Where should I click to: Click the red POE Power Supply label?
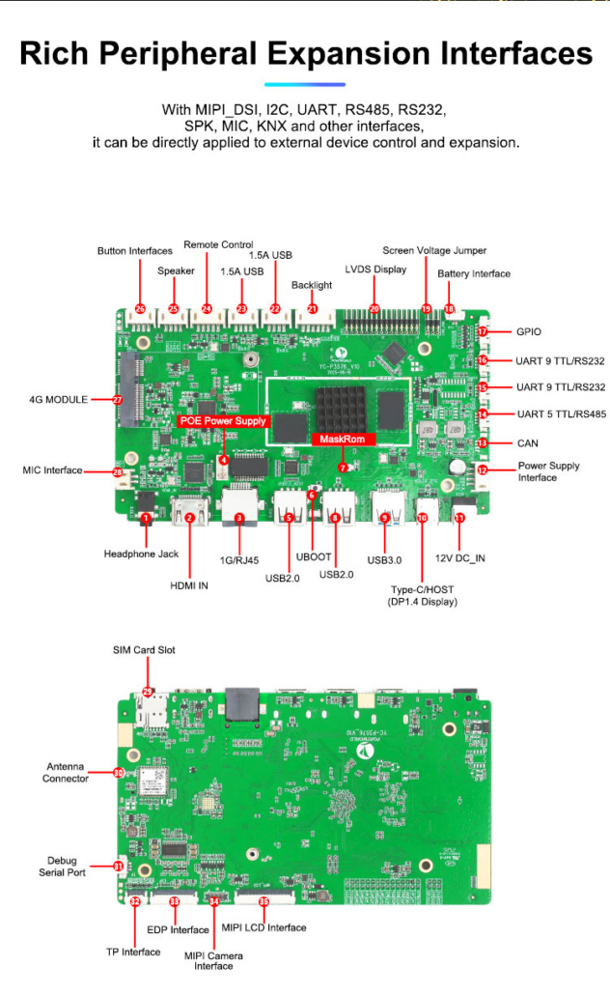(x=223, y=421)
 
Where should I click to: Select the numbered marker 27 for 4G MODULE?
(x=118, y=399)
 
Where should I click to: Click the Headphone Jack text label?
(x=141, y=554)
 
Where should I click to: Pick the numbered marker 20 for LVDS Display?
(x=374, y=309)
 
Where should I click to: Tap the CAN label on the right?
(x=529, y=442)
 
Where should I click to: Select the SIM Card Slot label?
(x=144, y=650)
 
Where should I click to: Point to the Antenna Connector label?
(x=66, y=773)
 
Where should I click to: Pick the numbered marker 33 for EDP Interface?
(x=174, y=900)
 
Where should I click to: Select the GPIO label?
(x=528, y=331)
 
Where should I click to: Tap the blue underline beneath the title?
(x=304, y=85)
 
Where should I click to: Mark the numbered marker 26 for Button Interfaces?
(x=140, y=309)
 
